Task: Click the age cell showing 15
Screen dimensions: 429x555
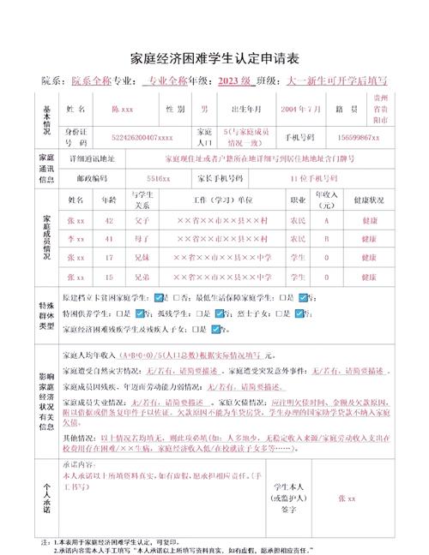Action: point(109,277)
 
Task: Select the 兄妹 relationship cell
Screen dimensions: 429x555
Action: point(142,258)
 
